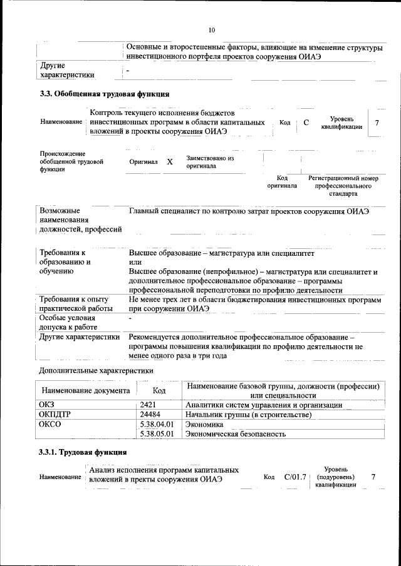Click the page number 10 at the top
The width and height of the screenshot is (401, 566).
211,29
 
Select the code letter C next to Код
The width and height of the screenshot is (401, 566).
306,123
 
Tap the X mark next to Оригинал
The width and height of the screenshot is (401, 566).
170,161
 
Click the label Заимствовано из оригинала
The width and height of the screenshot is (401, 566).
210,162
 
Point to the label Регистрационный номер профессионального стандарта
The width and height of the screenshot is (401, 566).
343,186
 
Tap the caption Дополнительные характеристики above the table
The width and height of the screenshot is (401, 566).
96,371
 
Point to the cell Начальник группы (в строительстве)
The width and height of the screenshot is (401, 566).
249,415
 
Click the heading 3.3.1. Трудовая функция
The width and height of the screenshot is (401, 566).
83,452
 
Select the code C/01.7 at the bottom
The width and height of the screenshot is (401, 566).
294,477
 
